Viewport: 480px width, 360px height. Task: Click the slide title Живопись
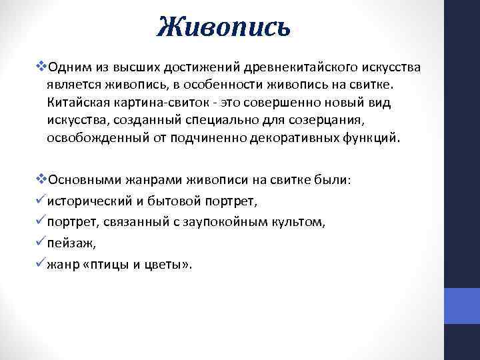pyautogui.click(x=224, y=27)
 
